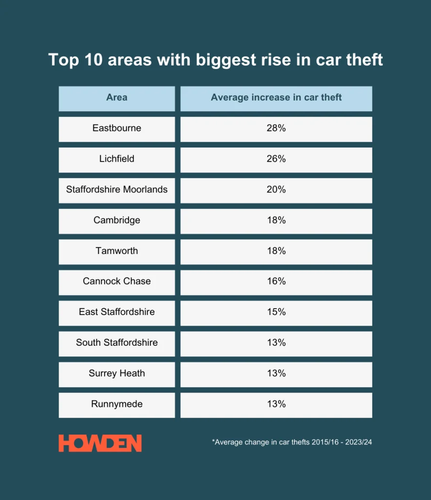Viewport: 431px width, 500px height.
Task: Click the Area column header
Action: click(x=117, y=98)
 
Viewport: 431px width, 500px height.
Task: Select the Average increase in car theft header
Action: click(x=276, y=98)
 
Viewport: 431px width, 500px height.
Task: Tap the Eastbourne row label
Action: click(x=117, y=128)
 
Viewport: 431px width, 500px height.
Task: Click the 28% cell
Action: click(x=276, y=128)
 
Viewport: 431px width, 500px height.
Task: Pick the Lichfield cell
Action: click(x=117, y=159)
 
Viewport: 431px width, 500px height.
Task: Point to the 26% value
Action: click(x=276, y=159)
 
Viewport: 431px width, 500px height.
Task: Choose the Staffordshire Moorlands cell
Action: click(x=117, y=189)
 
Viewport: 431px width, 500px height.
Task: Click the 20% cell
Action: click(x=276, y=189)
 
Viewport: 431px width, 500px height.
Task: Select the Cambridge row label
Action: click(x=117, y=220)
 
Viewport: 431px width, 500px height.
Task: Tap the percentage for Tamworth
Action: click(x=276, y=251)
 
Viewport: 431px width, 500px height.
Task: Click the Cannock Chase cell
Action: click(x=117, y=281)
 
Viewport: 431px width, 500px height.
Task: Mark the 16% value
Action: click(x=276, y=281)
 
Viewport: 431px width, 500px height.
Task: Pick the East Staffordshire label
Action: click(x=117, y=312)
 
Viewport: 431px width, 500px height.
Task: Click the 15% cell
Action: click(x=276, y=312)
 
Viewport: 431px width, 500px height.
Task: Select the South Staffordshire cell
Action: click(x=117, y=343)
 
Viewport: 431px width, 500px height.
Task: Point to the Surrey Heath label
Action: click(x=117, y=374)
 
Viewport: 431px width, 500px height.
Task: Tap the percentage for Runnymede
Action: click(x=276, y=404)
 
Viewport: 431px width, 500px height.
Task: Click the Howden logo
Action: click(x=100, y=443)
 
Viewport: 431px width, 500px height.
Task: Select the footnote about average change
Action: click(x=292, y=442)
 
